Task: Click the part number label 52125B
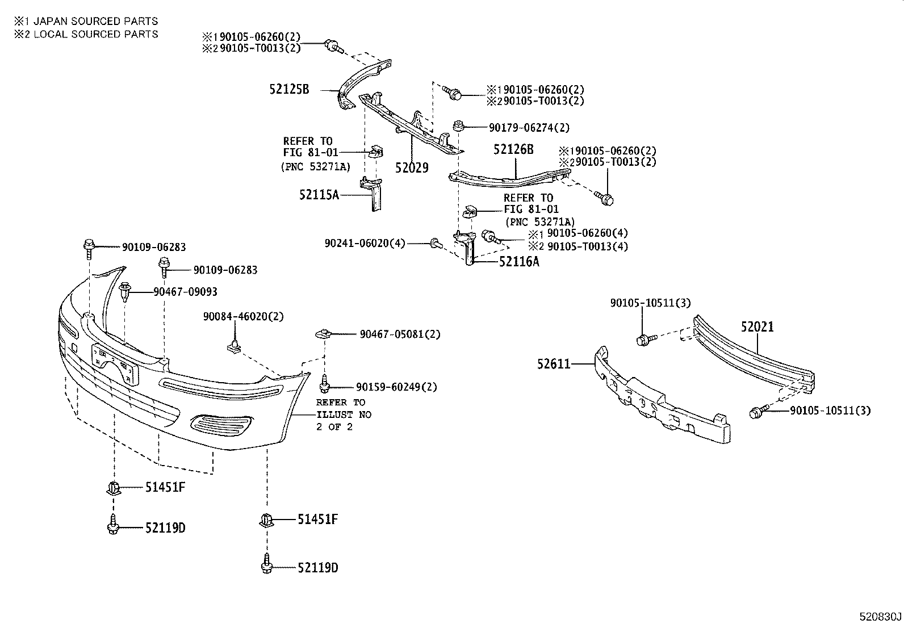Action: tap(289, 89)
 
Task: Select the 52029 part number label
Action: tap(412, 167)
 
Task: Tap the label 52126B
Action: tap(513, 149)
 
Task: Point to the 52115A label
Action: tap(319, 195)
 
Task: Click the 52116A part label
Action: tap(519, 262)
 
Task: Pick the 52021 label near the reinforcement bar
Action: tap(757, 327)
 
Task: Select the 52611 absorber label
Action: tap(554, 363)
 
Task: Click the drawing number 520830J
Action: tap(880, 616)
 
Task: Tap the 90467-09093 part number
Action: tap(185, 292)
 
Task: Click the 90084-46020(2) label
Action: tap(244, 316)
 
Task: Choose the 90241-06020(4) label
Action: tap(365, 243)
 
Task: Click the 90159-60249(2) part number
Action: tap(396, 387)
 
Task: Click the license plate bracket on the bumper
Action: tap(115, 363)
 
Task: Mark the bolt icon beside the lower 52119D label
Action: tap(267, 564)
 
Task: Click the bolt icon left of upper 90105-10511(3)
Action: tap(644, 340)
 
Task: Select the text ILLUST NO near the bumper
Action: tap(344, 415)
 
